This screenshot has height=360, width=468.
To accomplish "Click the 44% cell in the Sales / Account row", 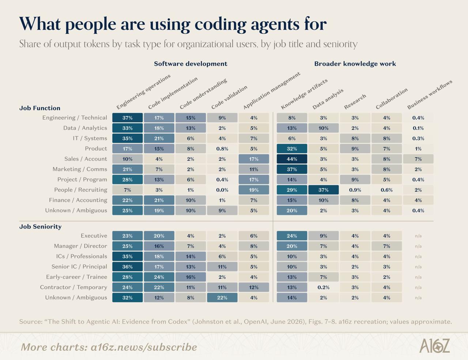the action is coord(292,159).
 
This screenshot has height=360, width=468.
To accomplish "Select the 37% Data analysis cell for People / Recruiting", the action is coord(324,190).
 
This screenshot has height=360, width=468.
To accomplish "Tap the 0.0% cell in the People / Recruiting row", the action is coord(222,190).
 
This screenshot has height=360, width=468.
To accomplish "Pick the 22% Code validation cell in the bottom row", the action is coord(222,297).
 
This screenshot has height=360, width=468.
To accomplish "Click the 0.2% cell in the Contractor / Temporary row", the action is coord(324,287).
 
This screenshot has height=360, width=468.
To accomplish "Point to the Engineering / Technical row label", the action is coord(75,118).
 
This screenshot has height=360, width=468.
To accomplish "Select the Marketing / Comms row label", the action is coord(80,169).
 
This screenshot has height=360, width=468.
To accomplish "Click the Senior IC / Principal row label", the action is coord(79,266).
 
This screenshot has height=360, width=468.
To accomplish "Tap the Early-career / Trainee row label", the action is coord(76,277).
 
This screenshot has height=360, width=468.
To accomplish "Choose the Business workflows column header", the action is coord(430,94).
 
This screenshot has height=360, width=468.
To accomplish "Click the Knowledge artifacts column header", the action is coord(304,94).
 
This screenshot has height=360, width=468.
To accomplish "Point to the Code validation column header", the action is coord(229,97).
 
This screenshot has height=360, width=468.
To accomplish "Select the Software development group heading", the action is coord(190,64).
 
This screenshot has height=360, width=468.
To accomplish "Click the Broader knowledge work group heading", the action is coord(355,64).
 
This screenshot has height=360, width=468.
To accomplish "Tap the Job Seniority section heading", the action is coord(41,226).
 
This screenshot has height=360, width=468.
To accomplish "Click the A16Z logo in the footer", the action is coord(434,346).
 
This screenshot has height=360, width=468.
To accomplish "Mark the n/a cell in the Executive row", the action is coord(418,236).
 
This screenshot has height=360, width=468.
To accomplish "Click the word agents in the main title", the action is coord(275,25).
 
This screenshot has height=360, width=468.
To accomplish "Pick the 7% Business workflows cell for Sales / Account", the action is coord(418,159).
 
